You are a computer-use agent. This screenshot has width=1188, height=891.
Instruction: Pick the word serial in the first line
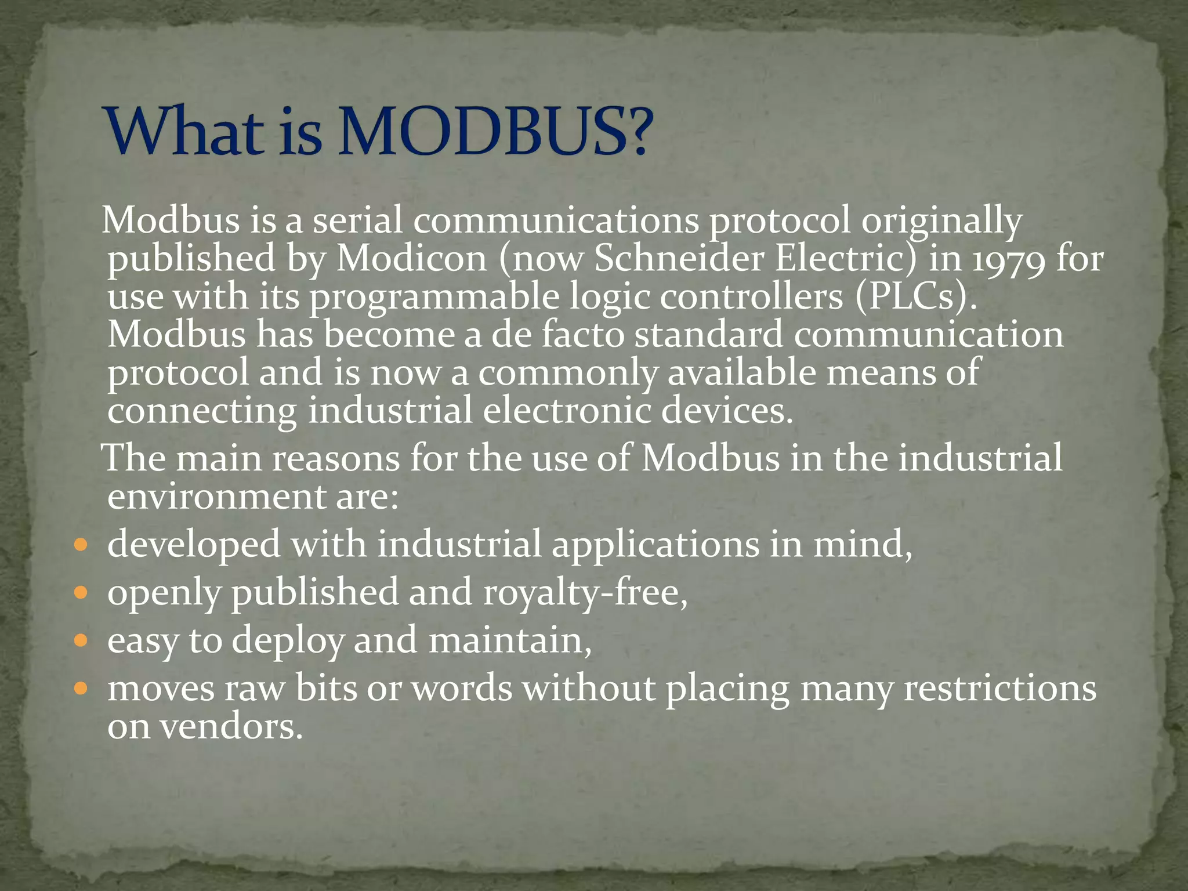(x=357, y=220)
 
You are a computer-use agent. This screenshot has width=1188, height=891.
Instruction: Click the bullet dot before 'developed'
(x=81, y=545)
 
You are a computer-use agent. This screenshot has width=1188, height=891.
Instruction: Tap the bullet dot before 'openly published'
(x=81, y=593)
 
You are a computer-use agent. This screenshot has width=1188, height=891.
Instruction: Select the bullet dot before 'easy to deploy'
(x=81, y=641)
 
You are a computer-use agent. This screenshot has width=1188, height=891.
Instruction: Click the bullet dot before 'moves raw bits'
(x=81, y=689)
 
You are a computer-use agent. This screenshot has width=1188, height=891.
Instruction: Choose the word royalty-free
(x=585, y=593)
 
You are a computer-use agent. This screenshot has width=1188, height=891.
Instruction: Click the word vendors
(x=231, y=727)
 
